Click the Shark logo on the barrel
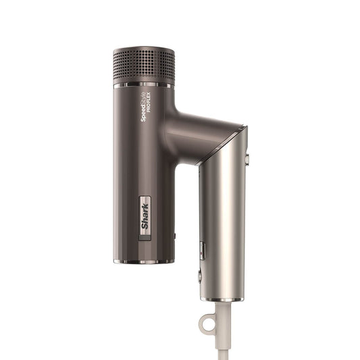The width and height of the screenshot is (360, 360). tap(144, 217)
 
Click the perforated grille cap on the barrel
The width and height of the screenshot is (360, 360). tap(144, 66)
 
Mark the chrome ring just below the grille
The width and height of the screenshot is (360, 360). tap(144, 86)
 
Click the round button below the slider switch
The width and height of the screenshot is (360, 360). tap(200, 276)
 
